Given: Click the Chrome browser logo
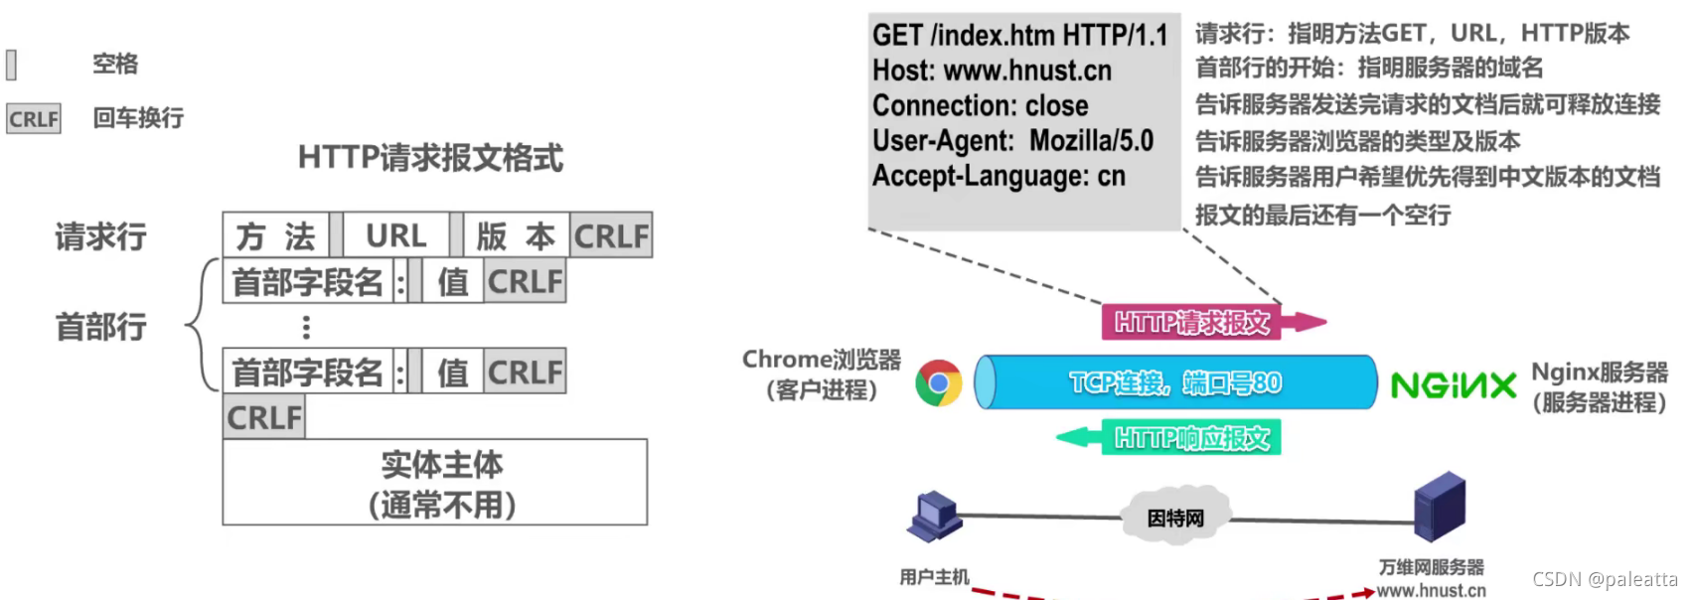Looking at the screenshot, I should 939,383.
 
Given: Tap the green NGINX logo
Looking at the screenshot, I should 1453,385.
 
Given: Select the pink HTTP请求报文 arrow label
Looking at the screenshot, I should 1192,323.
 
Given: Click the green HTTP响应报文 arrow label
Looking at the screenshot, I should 1191,438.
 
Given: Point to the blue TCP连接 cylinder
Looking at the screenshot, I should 1176,382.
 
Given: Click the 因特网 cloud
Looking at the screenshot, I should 1175,518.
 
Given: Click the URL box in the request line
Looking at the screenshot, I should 395,235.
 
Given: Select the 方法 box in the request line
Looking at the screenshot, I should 275,235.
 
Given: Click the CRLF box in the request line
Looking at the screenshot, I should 611,235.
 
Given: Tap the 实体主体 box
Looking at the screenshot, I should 435,483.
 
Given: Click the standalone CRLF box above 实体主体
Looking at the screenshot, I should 264,417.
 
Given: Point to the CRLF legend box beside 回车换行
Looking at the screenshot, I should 34,119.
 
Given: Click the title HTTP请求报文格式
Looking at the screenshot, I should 430,157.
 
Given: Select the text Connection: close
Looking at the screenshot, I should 980,105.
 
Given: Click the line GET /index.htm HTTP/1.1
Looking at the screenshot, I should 1019,36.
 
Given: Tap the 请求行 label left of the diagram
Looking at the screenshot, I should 100,236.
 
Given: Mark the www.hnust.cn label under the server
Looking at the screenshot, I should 1431,590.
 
